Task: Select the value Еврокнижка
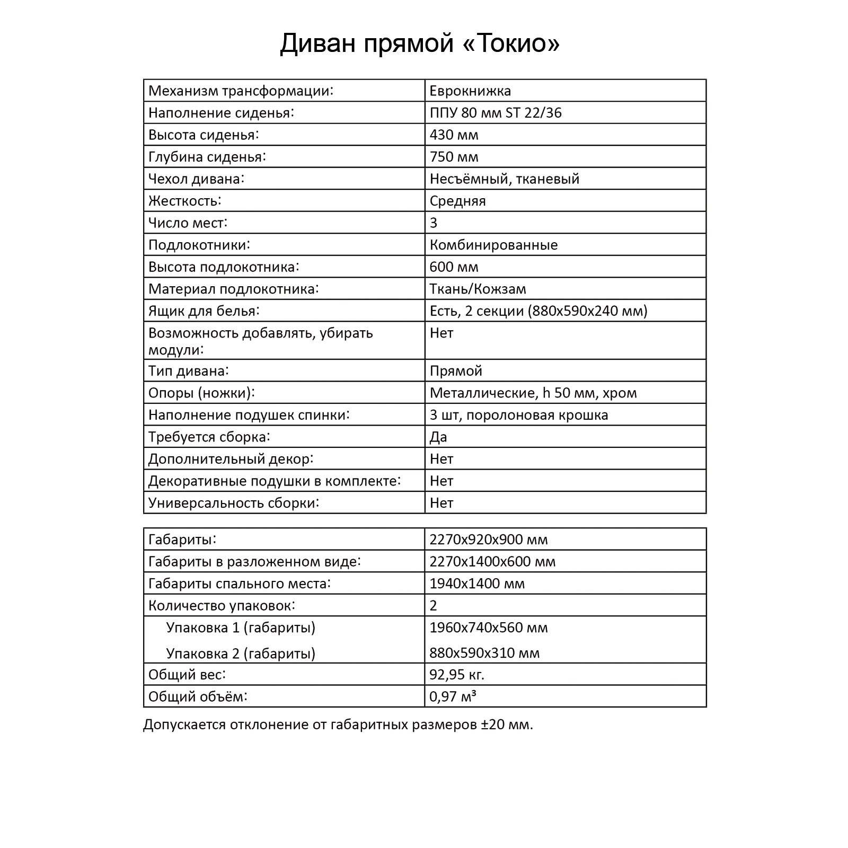click(x=470, y=91)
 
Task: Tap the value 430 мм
click(x=454, y=135)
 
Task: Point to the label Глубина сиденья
click(x=207, y=157)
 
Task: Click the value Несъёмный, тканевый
click(x=504, y=179)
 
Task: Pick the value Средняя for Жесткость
click(x=457, y=201)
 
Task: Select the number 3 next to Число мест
click(x=434, y=223)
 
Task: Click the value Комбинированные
click(x=493, y=245)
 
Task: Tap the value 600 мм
click(x=454, y=267)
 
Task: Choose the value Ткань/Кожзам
click(x=478, y=289)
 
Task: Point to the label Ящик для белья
click(x=204, y=311)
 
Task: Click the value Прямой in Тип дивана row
click(x=456, y=370)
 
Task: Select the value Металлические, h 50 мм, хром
click(x=533, y=393)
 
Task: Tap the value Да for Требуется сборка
click(x=438, y=437)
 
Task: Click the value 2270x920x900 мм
click(x=488, y=540)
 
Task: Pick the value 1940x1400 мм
click(x=477, y=584)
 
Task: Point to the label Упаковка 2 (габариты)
click(x=241, y=653)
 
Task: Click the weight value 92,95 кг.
click(x=456, y=675)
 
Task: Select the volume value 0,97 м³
click(x=453, y=696)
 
